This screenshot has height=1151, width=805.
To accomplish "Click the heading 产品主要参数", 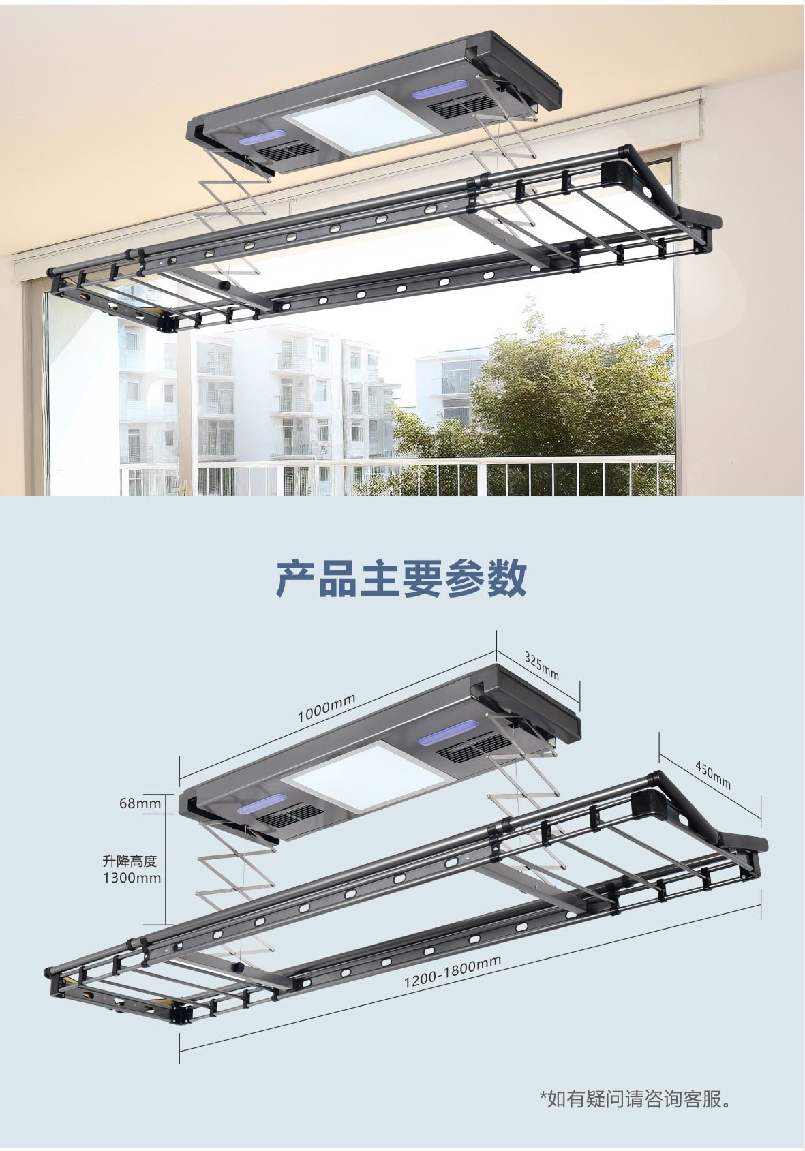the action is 401,579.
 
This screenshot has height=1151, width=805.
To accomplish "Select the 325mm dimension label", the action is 542,665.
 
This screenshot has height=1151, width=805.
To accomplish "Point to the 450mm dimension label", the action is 713,774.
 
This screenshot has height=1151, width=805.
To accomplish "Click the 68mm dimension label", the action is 140,803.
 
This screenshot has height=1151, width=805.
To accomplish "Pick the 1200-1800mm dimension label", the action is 452,971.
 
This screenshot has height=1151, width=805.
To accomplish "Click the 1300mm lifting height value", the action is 132,878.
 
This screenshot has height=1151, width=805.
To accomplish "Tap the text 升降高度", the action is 130,861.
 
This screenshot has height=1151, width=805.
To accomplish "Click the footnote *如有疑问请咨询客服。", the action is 635,1099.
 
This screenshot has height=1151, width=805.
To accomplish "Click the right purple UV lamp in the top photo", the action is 440,90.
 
